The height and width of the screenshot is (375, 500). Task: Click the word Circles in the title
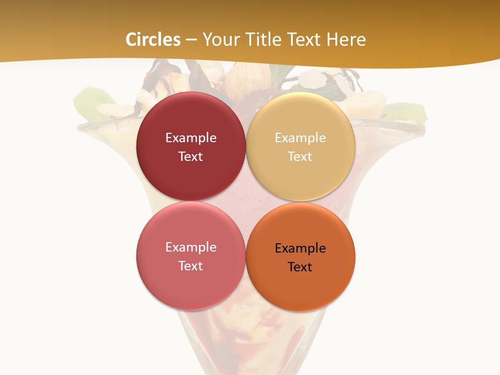[153, 40]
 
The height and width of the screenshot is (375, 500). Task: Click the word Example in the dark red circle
[191, 138]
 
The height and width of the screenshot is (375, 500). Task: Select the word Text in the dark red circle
[191, 157]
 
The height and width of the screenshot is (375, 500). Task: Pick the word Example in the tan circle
[300, 138]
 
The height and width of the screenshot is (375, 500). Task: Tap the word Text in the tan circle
[300, 157]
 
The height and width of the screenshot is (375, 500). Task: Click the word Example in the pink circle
[191, 247]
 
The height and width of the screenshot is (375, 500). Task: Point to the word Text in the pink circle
[191, 266]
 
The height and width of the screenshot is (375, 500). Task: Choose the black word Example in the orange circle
[300, 248]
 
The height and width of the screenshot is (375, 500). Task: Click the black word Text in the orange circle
[300, 267]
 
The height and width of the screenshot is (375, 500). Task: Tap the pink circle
[191, 286]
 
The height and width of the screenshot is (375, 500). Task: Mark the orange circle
[300, 289]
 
